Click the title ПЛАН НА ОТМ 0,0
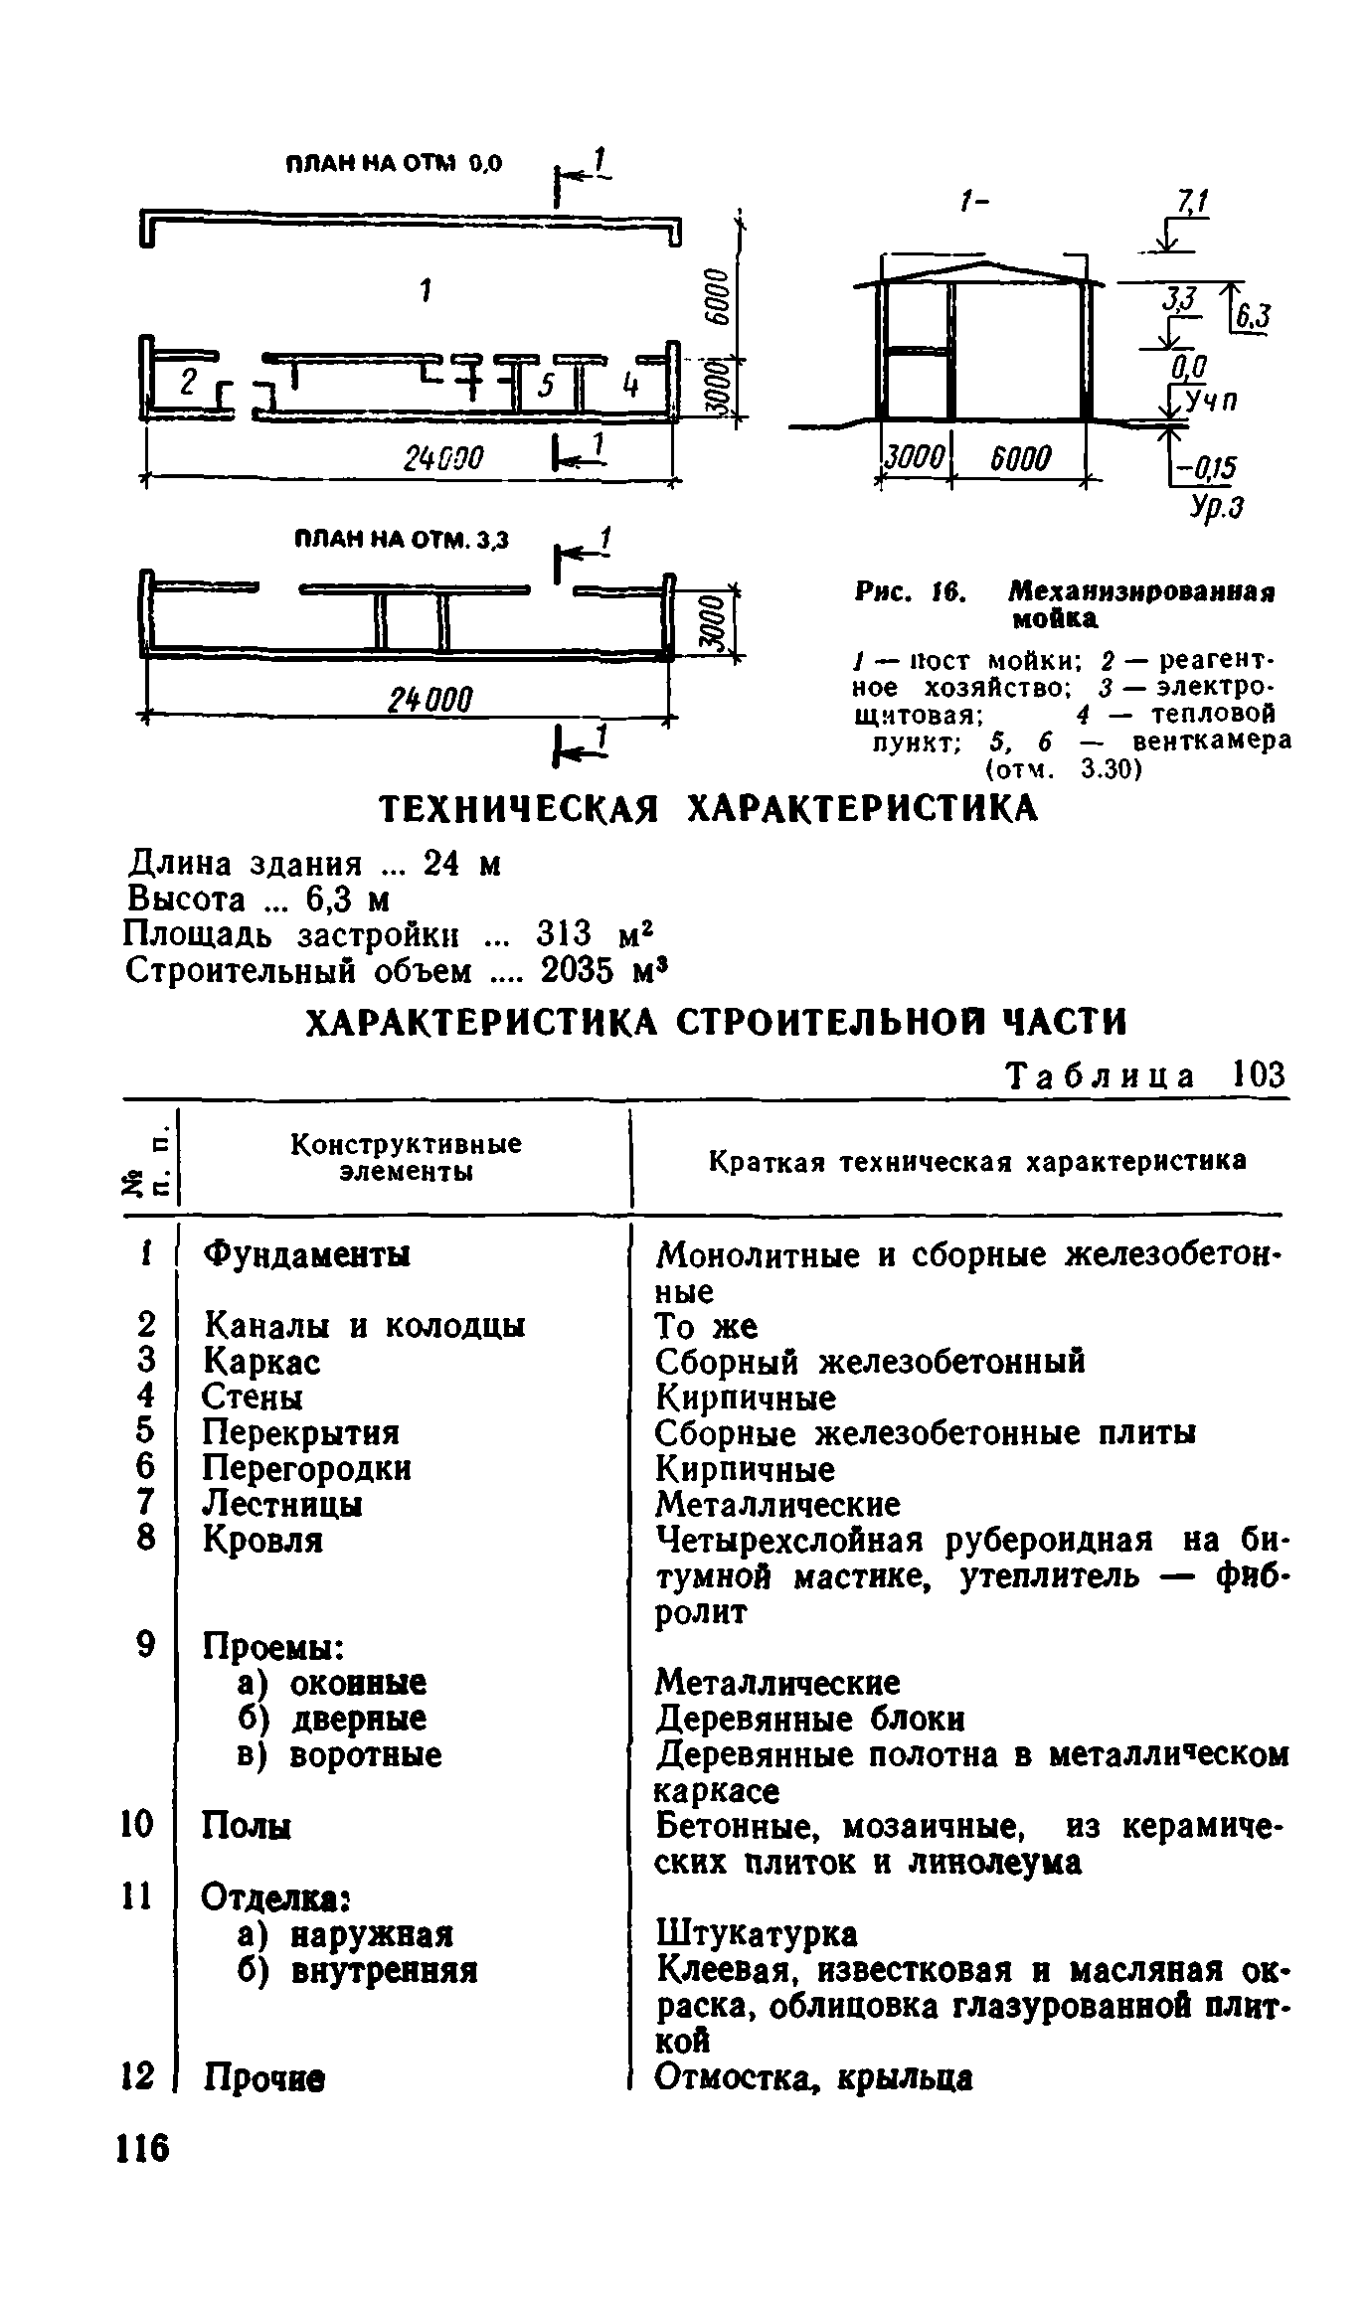tap(395, 164)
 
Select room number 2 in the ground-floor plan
tap(189, 382)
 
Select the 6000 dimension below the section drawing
tap(1018, 458)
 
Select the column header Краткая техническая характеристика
tap(976, 1161)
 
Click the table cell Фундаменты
tap(306, 1254)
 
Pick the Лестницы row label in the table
tap(282, 1504)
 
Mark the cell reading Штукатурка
tap(756, 1933)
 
